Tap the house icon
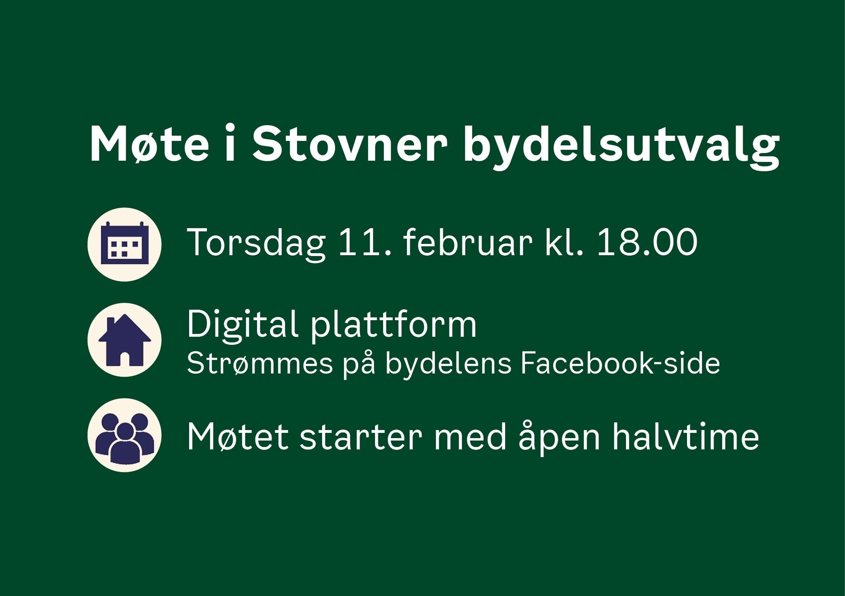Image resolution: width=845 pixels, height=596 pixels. [x=124, y=340]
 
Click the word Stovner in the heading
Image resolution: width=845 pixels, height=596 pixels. [x=350, y=145]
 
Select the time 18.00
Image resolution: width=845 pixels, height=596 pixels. [x=647, y=242]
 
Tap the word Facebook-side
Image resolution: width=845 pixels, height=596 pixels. [x=620, y=363]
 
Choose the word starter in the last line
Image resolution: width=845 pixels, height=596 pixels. [x=361, y=438]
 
